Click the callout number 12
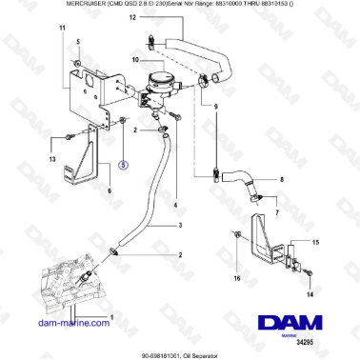[x=132, y=18]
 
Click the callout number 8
[x=280, y=178]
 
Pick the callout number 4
[x=175, y=204]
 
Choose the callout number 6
[x=110, y=190]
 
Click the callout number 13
[x=52, y=160]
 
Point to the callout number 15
[x=317, y=244]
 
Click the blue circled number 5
[x=122, y=163]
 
